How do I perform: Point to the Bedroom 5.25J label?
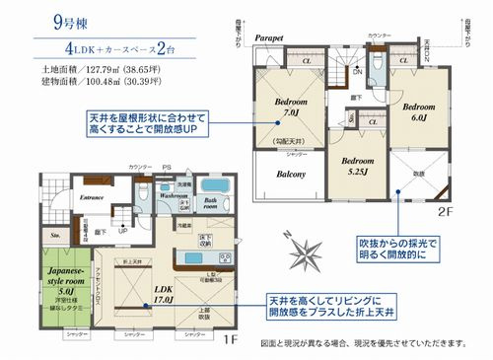tap(349, 168)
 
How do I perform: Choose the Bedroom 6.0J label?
tap(417, 111)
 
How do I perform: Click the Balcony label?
tap(288, 175)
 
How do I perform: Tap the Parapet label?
tap(267, 37)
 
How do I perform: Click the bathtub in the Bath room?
tap(213, 187)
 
